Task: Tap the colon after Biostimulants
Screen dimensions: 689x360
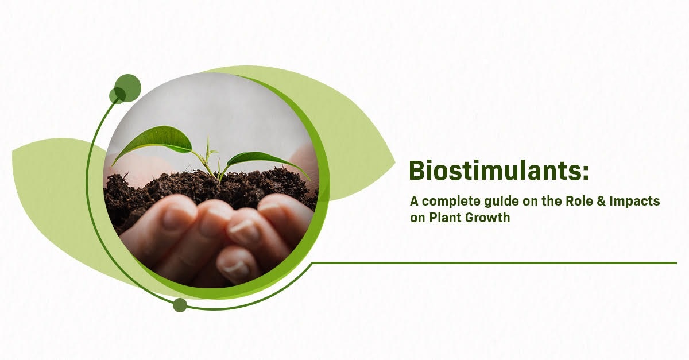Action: tap(585, 173)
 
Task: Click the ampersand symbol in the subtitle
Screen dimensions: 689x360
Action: tap(601, 201)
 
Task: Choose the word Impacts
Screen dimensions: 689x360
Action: tap(635, 202)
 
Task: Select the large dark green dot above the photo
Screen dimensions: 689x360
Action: tap(127, 88)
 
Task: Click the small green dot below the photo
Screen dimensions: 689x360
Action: tap(180, 305)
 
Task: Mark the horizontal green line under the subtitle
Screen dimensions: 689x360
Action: tap(494, 263)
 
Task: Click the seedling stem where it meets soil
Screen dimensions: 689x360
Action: tap(219, 179)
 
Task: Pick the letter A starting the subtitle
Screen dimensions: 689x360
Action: tap(414, 201)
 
